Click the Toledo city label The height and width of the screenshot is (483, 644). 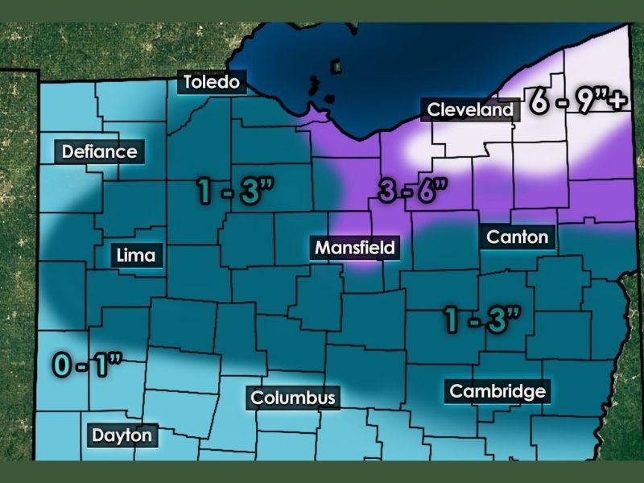[213, 82]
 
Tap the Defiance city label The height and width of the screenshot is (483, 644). [100, 151]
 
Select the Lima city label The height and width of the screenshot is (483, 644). [137, 256]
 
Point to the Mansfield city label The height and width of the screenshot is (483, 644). [355, 247]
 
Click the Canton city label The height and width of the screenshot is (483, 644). [518, 237]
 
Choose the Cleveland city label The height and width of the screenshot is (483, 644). [469, 110]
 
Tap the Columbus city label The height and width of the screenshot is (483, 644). [292, 398]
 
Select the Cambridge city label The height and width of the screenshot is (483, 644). [497, 392]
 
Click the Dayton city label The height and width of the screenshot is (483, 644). [122, 436]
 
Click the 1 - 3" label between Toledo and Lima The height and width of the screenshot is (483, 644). [236, 192]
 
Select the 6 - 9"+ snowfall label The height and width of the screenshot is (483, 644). [576, 103]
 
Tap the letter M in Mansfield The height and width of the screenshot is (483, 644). [322, 247]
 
